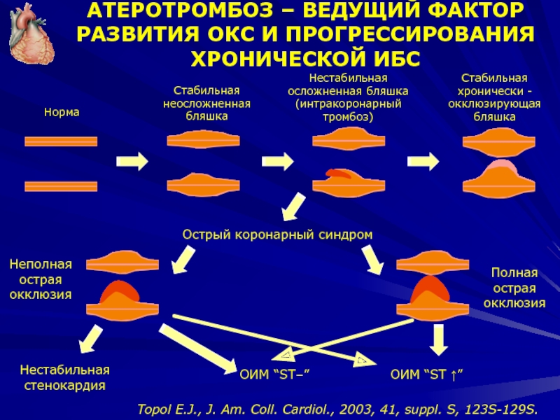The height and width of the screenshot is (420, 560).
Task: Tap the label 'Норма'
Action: tap(62, 112)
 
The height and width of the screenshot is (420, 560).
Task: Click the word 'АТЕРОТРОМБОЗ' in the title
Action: tap(182, 12)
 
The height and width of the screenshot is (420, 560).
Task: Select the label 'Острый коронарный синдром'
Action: tap(277, 234)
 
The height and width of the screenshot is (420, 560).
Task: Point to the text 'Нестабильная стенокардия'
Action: tap(65, 377)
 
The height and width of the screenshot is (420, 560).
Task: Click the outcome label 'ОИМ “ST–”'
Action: tap(274, 377)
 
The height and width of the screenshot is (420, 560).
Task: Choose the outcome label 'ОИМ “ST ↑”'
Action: tap(427, 377)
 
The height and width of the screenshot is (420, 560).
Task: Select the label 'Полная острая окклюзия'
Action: tap(514, 288)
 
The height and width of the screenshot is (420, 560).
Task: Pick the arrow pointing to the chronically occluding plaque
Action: tap(423, 162)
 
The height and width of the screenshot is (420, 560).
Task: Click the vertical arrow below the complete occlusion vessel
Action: tap(438, 339)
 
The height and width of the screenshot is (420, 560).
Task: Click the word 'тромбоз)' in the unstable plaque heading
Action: tap(348, 116)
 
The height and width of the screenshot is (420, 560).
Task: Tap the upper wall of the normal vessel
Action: tap(61, 141)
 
